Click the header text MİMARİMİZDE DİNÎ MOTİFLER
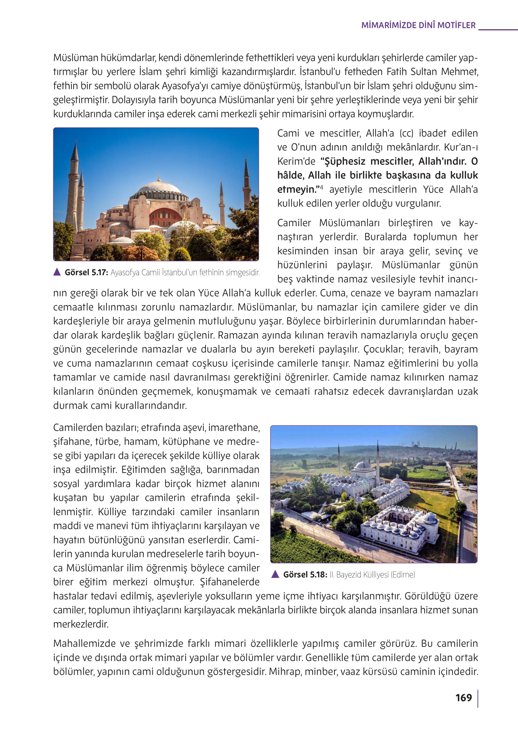(418, 25)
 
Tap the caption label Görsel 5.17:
(86, 273)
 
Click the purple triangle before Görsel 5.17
(57, 272)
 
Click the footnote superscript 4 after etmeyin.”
(321, 187)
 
